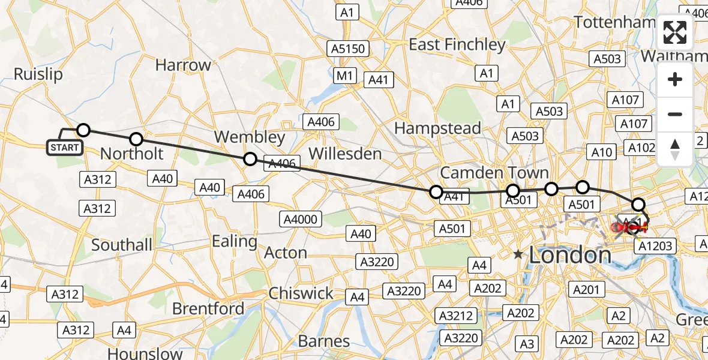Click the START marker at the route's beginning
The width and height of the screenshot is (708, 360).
tap(64, 147)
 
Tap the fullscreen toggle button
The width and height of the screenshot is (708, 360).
tap(675, 32)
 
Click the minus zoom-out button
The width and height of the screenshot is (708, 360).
tap(675, 114)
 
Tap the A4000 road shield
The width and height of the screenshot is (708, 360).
tap(300, 220)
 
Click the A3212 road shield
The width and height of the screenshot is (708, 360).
tap(457, 316)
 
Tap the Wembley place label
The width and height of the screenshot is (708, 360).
tap(250, 137)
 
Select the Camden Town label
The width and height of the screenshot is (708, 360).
tap(494, 173)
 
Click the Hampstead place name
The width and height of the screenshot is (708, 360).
tap(437, 128)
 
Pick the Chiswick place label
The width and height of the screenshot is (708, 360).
tap(301, 293)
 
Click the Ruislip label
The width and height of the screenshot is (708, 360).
tap(38, 74)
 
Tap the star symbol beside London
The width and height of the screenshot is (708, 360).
tap(518, 254)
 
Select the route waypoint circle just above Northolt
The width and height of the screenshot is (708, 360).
tap(136, 139)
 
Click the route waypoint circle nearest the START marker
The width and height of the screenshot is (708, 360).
tap(83, 130)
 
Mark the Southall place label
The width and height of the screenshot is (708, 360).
tap(122, 245)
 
